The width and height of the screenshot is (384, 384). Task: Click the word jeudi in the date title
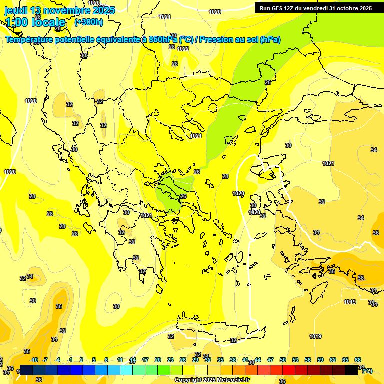(16, 10)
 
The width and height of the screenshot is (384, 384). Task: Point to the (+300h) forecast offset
(89, 22)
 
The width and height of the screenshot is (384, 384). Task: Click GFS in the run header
(278, 8)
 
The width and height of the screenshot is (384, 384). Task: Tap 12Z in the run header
(292, 8)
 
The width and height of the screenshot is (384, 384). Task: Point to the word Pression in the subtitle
(216, 40)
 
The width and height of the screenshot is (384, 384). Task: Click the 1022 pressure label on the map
(183, 49)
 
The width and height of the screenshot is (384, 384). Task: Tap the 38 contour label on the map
(361, 278)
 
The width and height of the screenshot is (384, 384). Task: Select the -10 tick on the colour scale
(34, 360)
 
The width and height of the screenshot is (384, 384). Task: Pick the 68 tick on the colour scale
(358, 360)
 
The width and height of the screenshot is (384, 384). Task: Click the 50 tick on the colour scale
(283, 360)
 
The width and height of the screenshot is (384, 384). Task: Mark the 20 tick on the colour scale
(158, 360)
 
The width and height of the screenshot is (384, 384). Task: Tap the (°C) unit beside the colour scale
(367, 370)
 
